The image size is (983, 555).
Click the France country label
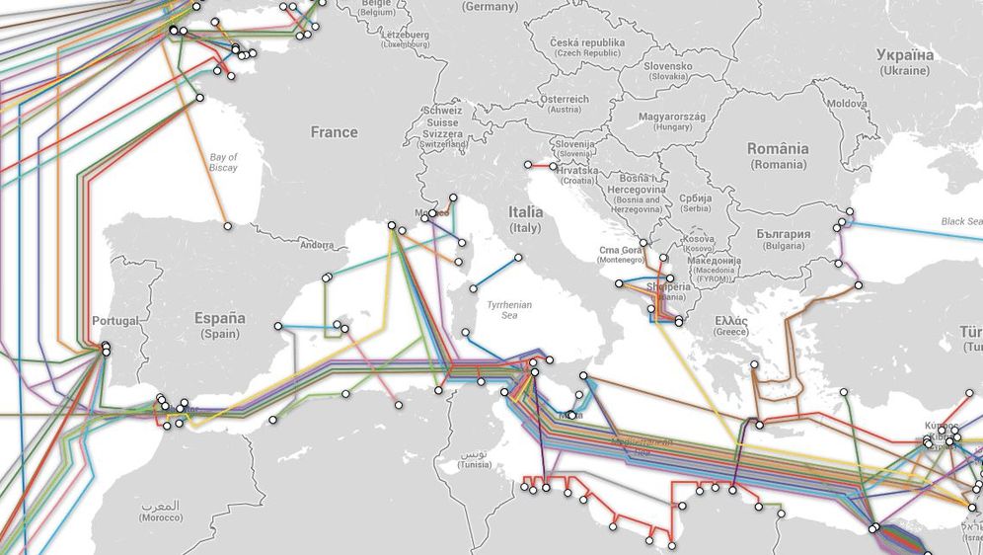click(334, 132)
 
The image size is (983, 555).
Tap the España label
click(219, 325)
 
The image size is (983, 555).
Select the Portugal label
click(115, 321)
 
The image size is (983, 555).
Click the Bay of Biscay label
click(224, 163)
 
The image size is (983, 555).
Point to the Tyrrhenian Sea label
click(509, 311)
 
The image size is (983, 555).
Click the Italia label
click(526, 218)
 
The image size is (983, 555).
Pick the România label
click(778, 155)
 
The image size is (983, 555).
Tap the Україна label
click(905, 62)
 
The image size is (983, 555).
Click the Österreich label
click(565, 104)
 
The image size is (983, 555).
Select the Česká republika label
click(588, 48)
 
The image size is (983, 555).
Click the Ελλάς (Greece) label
click(731, 327)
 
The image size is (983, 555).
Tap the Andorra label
click(317, 245)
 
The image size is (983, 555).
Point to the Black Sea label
click(960, 222)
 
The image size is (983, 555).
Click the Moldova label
click(847, 104)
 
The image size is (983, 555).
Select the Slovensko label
click(668, 71)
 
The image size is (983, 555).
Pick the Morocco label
click(160, 512)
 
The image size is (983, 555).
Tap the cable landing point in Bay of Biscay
click(228, 226)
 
